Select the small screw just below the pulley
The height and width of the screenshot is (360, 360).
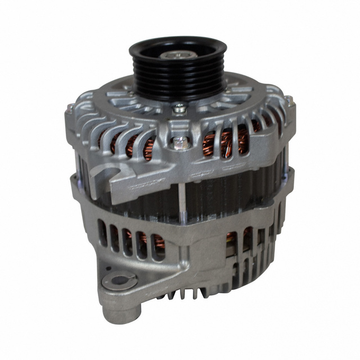(179, 107)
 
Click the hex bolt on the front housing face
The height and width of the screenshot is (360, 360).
(181, 143)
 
